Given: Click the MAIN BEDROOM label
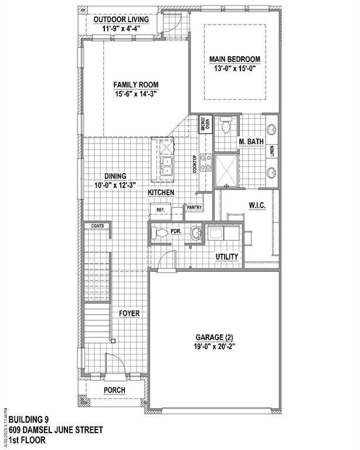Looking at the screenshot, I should (x=235, y=59).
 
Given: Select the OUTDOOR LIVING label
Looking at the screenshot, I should (x=121, y=19).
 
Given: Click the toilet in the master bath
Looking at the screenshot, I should (x=226, y=124).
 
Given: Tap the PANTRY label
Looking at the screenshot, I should (x=194, y=207).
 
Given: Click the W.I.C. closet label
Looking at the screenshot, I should (x=258, y=205).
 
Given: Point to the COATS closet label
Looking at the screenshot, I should (x=97, y=226).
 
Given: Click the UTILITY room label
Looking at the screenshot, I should (x=226, y=257).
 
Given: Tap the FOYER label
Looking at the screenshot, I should (x=129, y=313).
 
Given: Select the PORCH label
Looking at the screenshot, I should (x=114, y=390).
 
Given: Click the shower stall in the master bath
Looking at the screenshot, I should (x=226, y=169).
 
